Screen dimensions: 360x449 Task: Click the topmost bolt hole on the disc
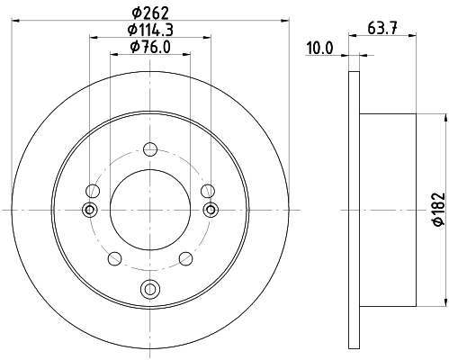(x=150, y=148)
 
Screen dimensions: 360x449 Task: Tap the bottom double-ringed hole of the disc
(x=150, y=288)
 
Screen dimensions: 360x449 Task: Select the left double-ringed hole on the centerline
(x=89, y=210)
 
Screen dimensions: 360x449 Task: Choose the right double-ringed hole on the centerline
(x=211, y=210)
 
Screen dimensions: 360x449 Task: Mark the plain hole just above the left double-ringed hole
(x=93, y=190)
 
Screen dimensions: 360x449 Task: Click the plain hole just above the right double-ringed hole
(x=208, y=190)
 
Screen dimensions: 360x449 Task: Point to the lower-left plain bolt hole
(x=114, y=258)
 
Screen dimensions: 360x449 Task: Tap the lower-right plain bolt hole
(x=186, y=258)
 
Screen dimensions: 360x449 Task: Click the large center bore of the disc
(x=150, y=209)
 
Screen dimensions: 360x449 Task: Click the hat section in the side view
(x=387, y=209)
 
